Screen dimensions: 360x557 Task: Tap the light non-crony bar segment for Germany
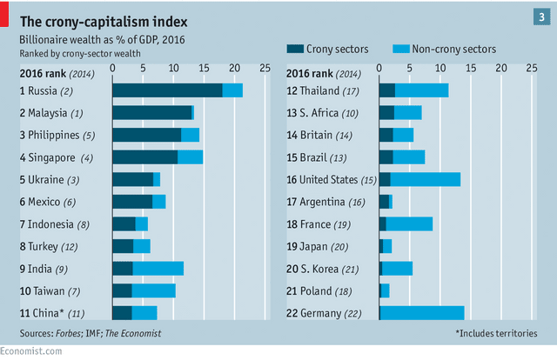(422, 313)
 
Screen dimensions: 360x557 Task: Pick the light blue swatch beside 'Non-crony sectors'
(400, 49)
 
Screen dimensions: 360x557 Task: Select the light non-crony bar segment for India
(158, 268)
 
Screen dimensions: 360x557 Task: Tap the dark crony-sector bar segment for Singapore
(144, 157)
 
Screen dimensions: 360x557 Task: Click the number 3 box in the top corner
(541, 17)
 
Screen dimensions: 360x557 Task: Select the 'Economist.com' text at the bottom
(31, 350)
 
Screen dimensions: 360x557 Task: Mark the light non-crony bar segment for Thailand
(421, 90)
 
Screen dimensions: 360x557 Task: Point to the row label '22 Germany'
(319, 312)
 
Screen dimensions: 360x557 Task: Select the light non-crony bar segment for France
(409, 223)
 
